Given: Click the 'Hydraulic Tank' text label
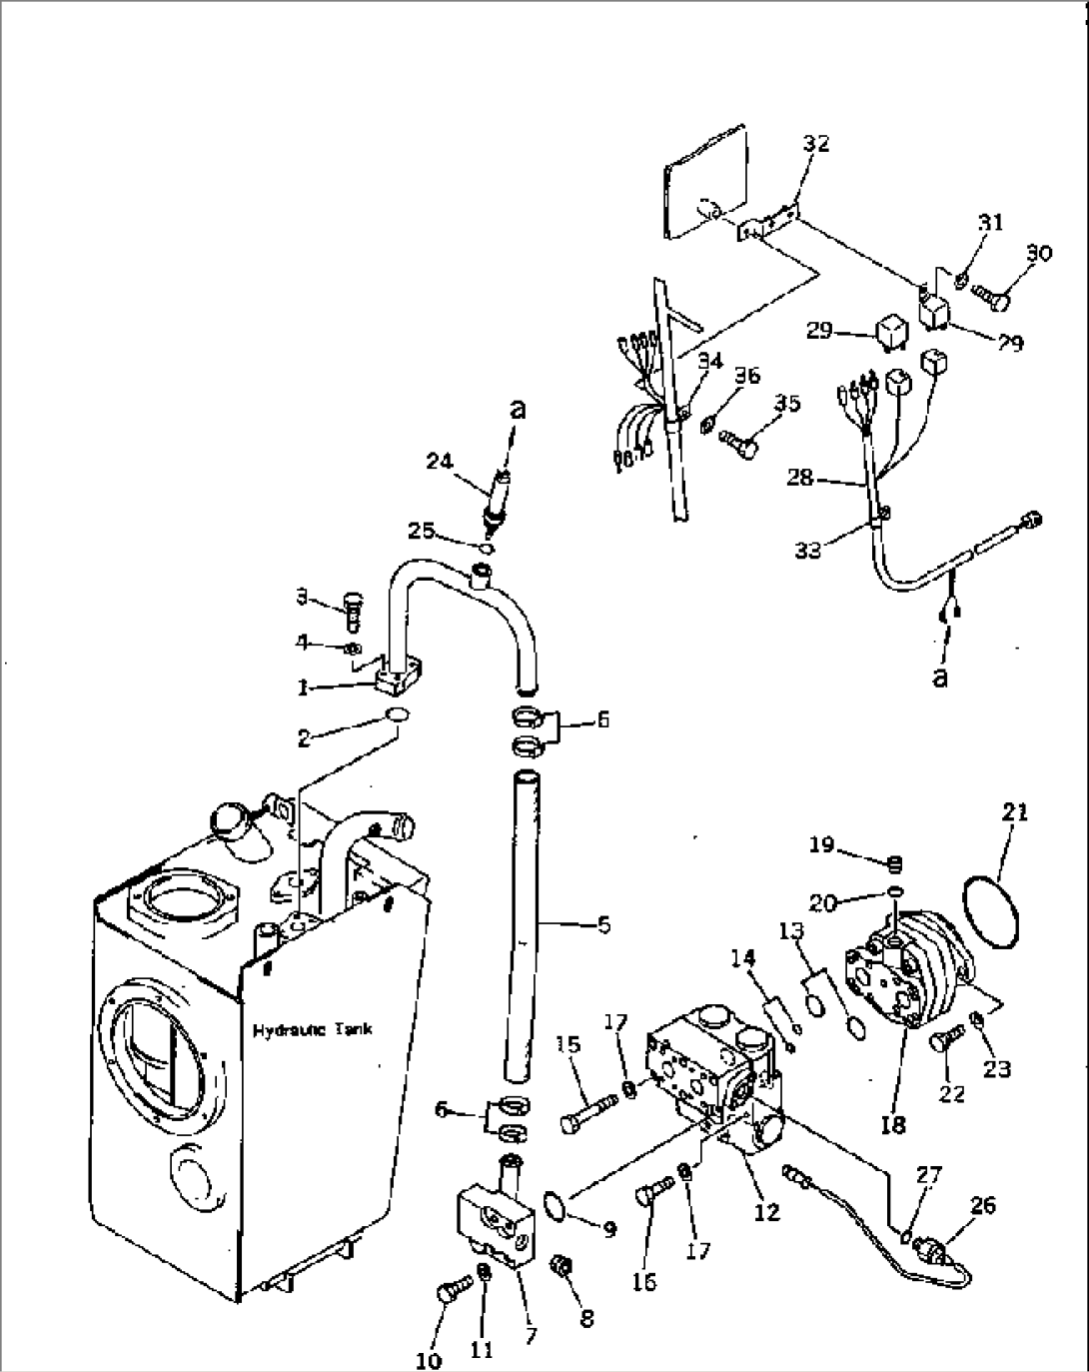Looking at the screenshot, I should coord(312,1030).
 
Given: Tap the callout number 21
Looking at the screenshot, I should coord(1014,812).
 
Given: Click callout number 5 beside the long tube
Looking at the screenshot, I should coord(602,925).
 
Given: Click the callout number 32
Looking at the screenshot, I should coord(816,144).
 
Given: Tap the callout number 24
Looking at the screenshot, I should coord(439,461).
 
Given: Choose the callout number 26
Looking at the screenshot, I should coord(982,1204).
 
